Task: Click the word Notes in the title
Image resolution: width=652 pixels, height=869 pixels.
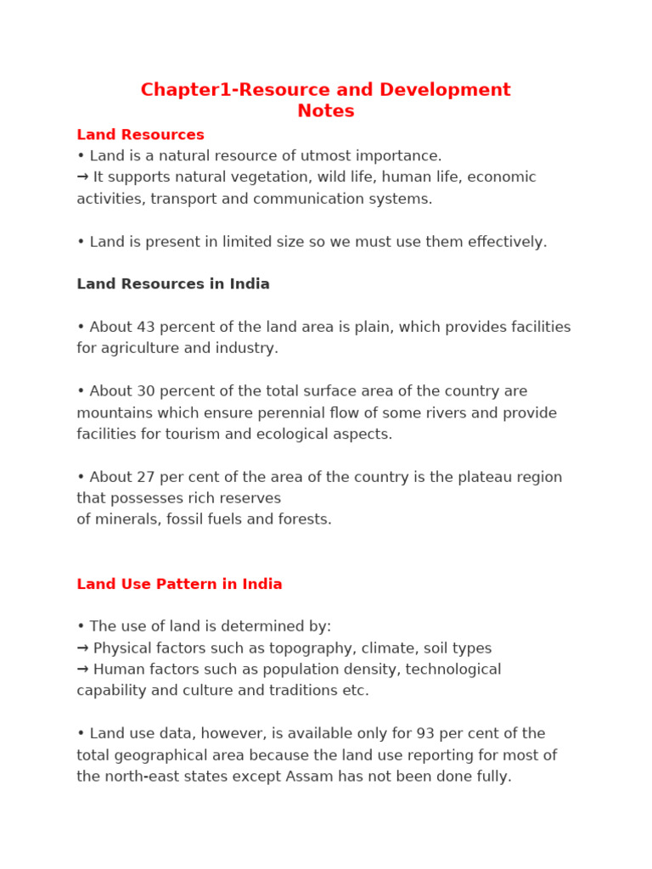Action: click(326, 111)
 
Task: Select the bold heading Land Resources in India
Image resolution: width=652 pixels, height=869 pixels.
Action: click(173, 284)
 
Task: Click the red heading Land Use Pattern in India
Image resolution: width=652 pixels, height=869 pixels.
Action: click(179, 584)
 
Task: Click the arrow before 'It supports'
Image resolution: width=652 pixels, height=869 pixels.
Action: click(82, 177)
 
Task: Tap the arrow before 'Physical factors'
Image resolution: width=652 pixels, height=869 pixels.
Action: click(82, 648)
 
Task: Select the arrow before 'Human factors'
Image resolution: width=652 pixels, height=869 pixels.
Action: click(82, 670)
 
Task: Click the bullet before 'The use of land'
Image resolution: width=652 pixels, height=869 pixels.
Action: click(81, 627)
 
